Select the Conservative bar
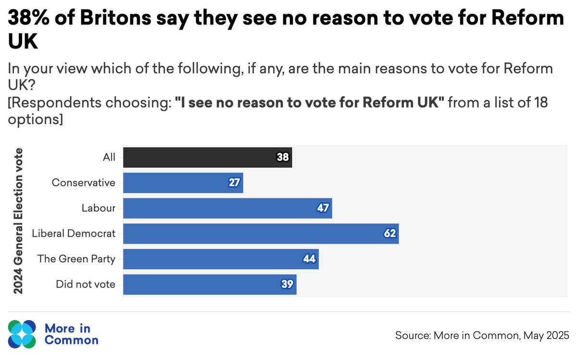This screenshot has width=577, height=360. [183, 183]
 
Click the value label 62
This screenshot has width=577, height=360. [389, 234]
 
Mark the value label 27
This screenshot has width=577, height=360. [234, 183]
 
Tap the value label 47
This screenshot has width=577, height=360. [323, 208]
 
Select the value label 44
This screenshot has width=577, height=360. [309, 259]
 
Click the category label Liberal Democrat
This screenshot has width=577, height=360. [74, 234]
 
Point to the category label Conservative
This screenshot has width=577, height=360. [84, 183]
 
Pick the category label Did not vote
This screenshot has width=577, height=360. [86, 285]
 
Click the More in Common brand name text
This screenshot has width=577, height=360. [71, 334]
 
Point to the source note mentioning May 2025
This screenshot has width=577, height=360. [482, 335]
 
